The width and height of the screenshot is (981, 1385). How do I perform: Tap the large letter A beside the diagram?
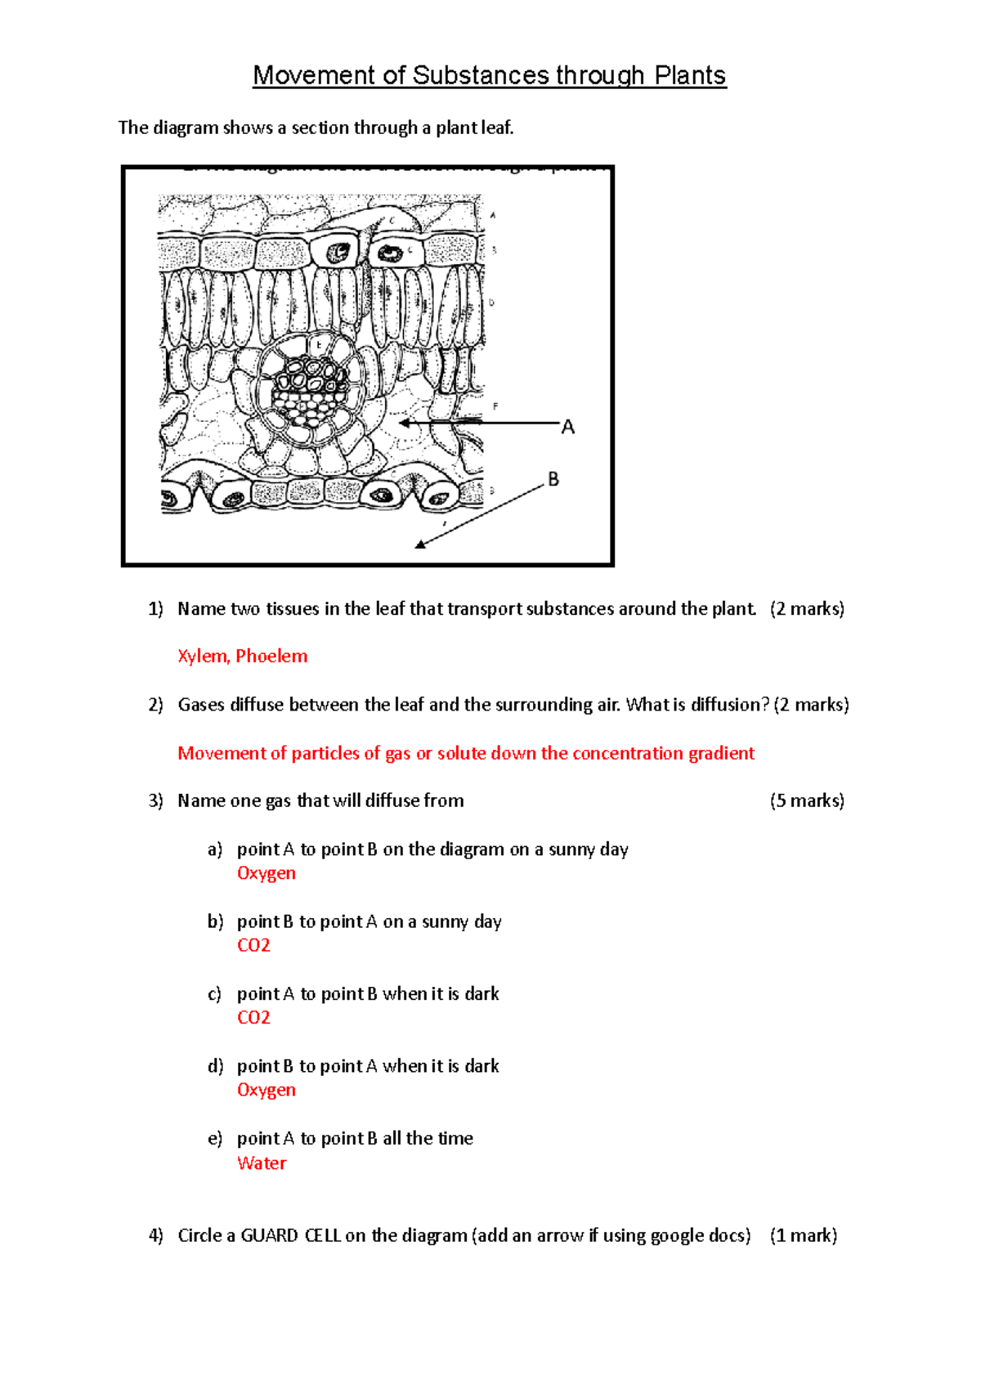point(568,427)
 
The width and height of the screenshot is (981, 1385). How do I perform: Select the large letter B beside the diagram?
point(553,479)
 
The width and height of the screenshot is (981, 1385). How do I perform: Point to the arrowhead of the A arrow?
point(403,423)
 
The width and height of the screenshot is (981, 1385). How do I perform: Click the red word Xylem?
point(203,656)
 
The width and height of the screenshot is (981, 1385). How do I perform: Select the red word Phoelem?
point(271,656)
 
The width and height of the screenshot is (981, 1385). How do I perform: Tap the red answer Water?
point(262,1163)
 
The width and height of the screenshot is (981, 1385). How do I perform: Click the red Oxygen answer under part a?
point(267,873)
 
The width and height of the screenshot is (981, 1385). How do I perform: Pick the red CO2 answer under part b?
point(253,945)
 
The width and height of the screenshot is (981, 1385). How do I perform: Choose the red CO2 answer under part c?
point(253,1017)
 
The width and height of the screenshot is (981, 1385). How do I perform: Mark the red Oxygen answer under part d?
point(267,1090)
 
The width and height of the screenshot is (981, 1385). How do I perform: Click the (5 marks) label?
point(807,800)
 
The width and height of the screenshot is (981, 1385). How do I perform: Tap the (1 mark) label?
point(804,1235)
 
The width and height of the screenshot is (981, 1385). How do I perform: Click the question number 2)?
point(155,705)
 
